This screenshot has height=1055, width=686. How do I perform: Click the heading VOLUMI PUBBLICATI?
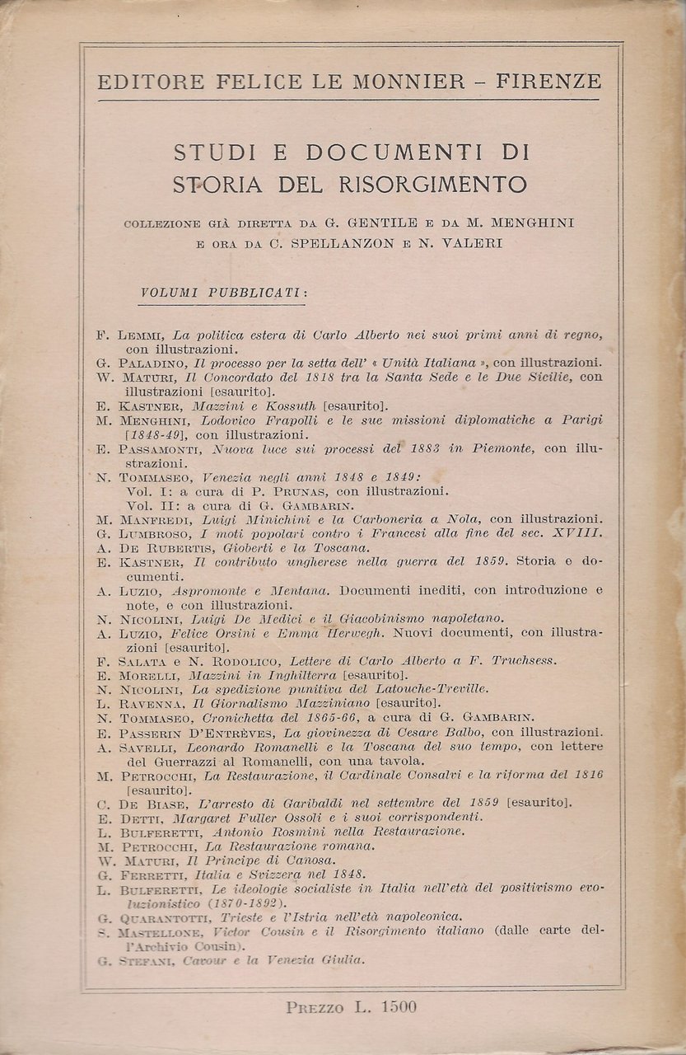pyautogui.click(x=224, y=293)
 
